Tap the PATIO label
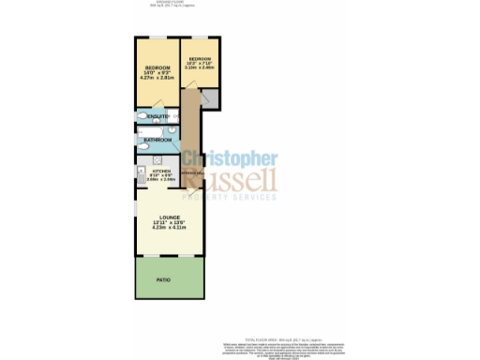pos(169,279)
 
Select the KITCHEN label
pos(162,171)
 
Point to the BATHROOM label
pos(157,141)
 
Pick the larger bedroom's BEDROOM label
pos(157,67)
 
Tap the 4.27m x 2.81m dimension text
pos(157,79)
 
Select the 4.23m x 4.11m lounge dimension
pos(169,228)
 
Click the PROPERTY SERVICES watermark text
pos(229,197)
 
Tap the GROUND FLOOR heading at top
pos(169,3)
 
